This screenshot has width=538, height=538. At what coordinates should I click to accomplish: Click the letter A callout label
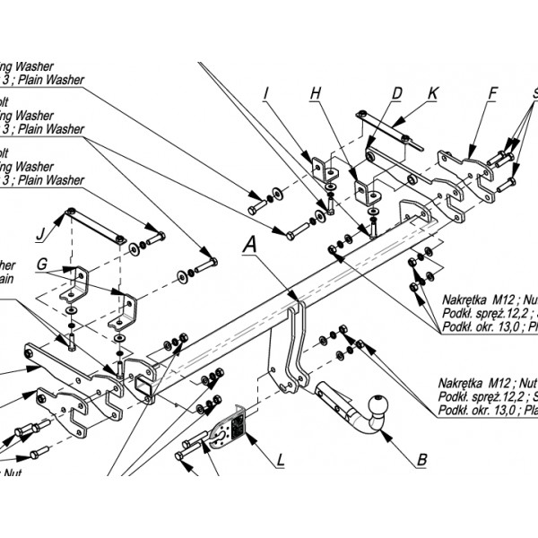click(250, 242)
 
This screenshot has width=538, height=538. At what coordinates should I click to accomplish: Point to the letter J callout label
click(40, 237)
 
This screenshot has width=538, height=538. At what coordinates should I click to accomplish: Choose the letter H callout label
click(316, 91)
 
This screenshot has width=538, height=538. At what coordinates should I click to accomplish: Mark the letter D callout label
click(396, 91)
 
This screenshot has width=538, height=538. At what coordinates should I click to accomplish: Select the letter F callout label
click(493, 91)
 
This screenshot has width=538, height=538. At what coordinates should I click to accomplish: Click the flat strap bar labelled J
click(94, 225)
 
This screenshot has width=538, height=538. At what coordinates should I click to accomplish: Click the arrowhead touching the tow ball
click(383, 432)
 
